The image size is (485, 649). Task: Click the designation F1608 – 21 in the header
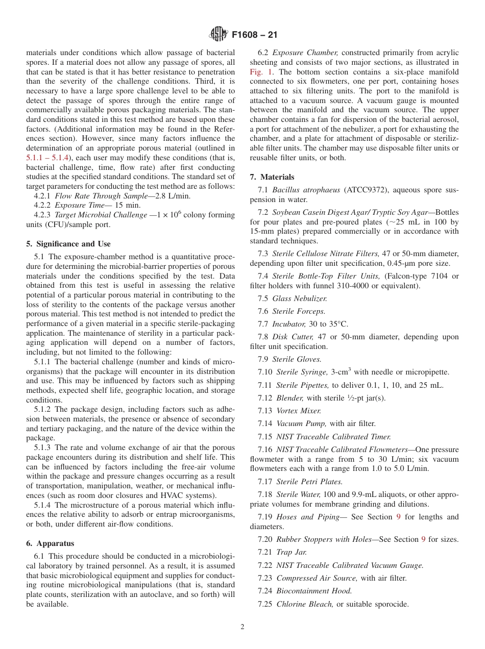pos(255,35)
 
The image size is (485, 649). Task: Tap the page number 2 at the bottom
pos(243,627)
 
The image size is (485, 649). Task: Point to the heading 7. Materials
pos(272,177)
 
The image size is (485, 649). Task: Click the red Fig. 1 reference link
pos(261,72)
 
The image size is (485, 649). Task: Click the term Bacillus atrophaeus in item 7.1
pos(306,190)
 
